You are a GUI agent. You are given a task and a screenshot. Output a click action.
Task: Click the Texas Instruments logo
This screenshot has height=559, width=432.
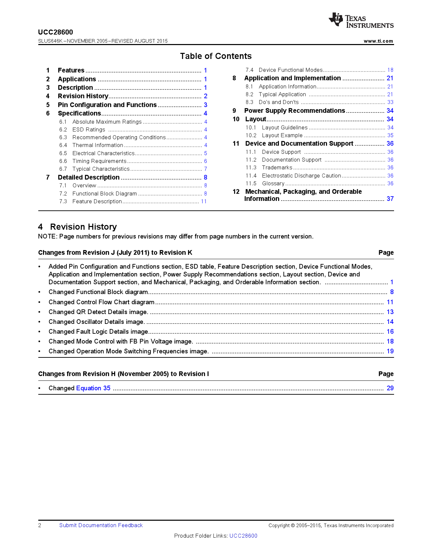coord(361,21)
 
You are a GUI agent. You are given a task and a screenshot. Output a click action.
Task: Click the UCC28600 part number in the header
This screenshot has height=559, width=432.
coord(56,32)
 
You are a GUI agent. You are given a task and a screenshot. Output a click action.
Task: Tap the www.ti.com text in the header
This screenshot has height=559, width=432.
coord(378,41)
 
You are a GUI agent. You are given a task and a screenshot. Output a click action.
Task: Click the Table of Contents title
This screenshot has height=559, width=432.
coord(216,56)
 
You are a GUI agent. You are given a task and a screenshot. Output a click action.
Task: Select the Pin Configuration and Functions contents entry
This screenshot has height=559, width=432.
coord(107,105)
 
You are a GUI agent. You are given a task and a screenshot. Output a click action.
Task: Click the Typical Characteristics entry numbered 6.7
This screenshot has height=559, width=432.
coord(101,169)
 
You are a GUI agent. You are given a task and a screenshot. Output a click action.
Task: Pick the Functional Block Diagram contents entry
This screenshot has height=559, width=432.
coord(104,194)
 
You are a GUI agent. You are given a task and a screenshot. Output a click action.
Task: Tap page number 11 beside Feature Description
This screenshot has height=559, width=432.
coord(204,202)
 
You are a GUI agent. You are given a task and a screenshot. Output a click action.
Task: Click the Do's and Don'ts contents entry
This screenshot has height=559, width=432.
coord(279,102)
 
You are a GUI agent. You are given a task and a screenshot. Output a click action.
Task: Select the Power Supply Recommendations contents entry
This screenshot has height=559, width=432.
coord(294,111)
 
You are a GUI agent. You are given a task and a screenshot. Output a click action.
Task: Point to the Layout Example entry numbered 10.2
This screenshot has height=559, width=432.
coord(282,136)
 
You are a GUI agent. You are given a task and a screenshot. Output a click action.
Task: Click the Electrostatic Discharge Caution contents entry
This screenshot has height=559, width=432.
coord(301,176)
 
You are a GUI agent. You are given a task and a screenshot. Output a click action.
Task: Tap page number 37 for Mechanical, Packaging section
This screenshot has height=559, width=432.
coord(390,199)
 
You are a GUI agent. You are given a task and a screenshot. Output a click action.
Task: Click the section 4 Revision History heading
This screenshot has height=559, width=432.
coord(78,227)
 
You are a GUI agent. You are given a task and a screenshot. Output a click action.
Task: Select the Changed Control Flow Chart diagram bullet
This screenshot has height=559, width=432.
coord(101,302)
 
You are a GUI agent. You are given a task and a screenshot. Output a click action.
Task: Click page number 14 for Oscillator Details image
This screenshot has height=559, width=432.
coord(390,322)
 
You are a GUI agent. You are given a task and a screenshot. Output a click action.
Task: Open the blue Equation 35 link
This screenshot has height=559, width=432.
coord(93,388)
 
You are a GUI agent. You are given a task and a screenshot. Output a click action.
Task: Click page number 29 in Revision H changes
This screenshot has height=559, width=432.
coord(390,388)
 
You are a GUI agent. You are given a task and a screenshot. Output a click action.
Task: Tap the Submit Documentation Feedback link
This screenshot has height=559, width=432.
coord(101,525)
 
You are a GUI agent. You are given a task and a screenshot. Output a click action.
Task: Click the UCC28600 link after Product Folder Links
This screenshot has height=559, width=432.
coord(243,536)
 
